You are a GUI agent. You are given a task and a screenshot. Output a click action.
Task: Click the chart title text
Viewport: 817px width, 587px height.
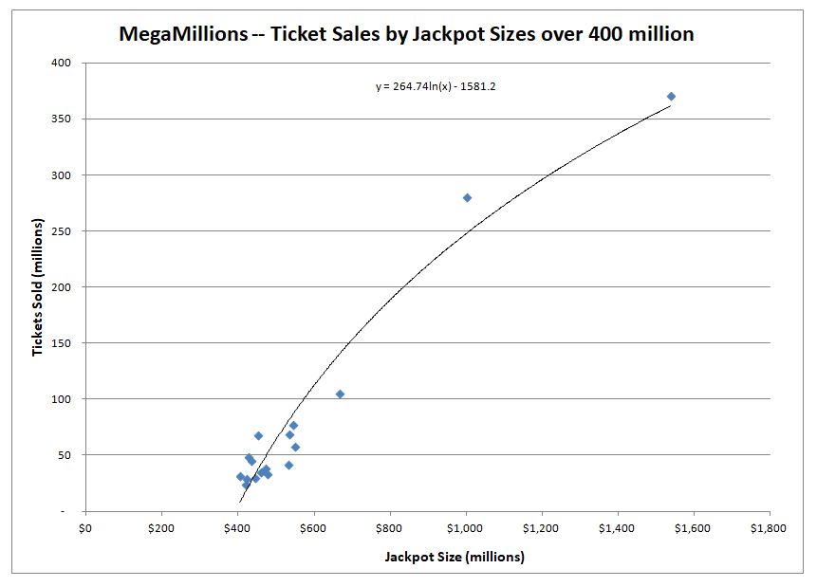(x=406, y=35)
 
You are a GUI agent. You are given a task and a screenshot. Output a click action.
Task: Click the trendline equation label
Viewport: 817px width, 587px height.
(x=436, y=86)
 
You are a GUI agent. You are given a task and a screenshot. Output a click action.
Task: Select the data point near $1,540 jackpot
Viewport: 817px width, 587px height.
(x=671, y=97)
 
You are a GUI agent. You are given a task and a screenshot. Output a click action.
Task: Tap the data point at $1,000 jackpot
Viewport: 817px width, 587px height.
(x=467, y=197)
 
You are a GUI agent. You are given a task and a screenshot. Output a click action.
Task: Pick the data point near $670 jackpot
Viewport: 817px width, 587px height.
(x=340, y=394)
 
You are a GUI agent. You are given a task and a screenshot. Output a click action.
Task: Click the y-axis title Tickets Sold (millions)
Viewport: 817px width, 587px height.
(x=39, y=286)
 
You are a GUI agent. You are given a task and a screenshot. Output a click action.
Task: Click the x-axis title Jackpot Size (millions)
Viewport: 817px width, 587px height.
(x=455, y=557)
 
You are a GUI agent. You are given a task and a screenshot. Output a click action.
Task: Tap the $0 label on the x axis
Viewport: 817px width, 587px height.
(x=85, y=528)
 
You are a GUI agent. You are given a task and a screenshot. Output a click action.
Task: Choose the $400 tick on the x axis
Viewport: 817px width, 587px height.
(x=237, y=528)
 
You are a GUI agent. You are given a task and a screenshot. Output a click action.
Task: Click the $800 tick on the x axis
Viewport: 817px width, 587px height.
(x=389, y=528)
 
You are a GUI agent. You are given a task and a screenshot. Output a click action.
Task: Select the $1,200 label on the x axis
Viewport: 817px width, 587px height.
(x=541, y=528)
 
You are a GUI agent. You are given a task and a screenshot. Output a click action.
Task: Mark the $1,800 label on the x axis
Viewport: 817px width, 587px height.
(x=768, y=528)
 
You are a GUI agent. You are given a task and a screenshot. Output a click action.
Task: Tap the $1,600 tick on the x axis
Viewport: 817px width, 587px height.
(x=693, y=528)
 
